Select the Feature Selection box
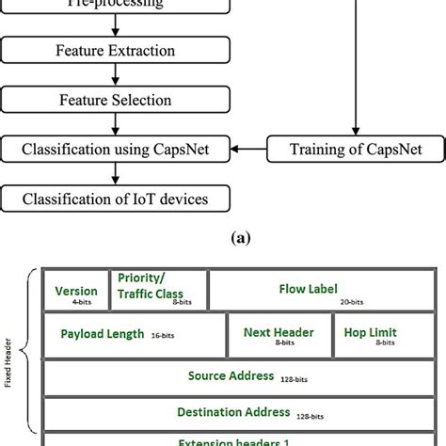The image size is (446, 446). point(116,99)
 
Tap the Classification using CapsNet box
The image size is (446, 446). point(116,148)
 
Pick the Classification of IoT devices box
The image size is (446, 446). point(116,198)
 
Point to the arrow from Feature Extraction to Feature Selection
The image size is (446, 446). point(116,74)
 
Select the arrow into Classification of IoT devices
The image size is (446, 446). point(116,173)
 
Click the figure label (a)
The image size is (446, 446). point(222,239)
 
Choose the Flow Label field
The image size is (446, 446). point(308,291)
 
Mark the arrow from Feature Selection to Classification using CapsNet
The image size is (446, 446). point(116,123)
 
